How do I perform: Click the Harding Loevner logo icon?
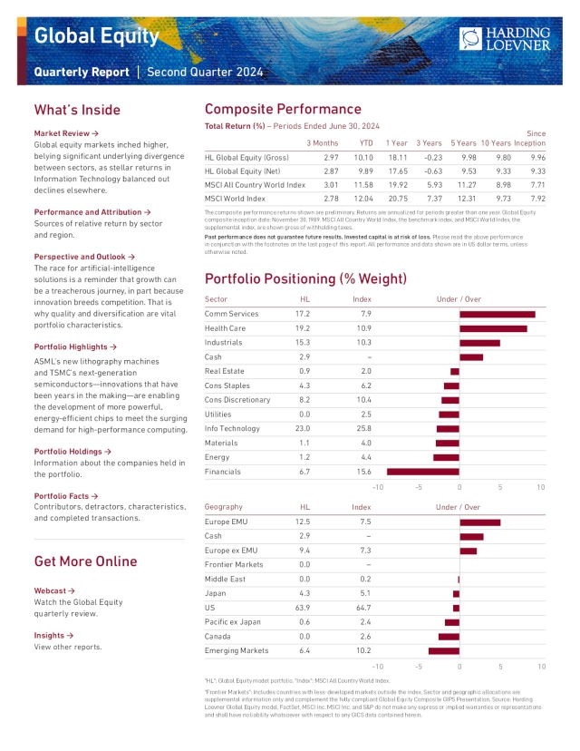tap(471, 37)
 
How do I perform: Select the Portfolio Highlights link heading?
tap(75, 346)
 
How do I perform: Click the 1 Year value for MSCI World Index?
tap(397, 198)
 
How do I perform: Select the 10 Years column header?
tap(496, 143)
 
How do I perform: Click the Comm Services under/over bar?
tap(497, 314)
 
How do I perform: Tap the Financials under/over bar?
tap(422, 472)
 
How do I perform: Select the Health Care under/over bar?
tap(493, 328)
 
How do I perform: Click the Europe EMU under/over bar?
tap(479, 522)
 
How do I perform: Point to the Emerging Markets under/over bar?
tap(444, 650)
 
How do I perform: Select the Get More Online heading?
tap(85, 561)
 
